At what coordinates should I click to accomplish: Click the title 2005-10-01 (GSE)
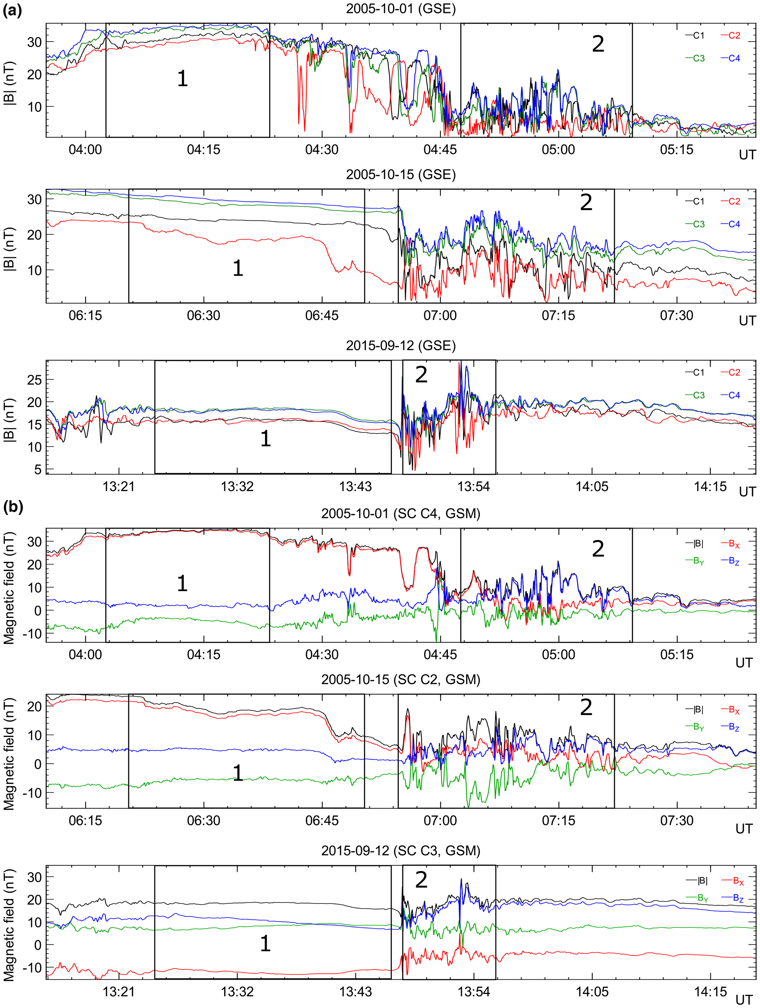click(400, 9)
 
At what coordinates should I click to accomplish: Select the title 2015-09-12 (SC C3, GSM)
click(400, 850)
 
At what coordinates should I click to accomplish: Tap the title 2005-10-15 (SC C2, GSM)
click(400, 679)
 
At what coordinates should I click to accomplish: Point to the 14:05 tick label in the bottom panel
click(592, 991)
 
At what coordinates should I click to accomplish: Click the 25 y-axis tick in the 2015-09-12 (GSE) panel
click(34, 380)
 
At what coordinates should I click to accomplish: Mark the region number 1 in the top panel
click(182, 79)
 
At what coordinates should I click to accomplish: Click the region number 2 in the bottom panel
click(421, 880)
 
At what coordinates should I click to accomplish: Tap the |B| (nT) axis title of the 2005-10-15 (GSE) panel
click(10, 249)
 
